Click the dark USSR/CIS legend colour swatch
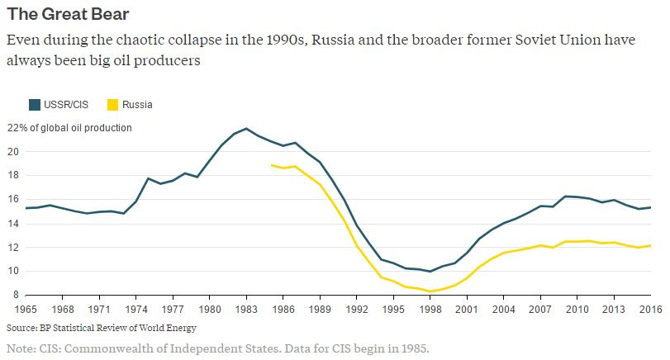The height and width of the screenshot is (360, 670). coord(34,105)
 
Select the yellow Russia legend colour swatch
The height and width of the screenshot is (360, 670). coord(113,105)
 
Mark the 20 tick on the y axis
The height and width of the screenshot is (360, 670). coord(12,152)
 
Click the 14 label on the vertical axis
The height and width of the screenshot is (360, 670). coord(12,224)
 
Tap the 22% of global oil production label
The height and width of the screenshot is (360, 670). coord(69,128)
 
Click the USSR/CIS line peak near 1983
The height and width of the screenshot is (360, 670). coord(246,129)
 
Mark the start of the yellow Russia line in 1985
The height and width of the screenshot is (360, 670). coord(272,165)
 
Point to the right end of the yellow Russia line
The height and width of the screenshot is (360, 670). coord(650,245)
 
